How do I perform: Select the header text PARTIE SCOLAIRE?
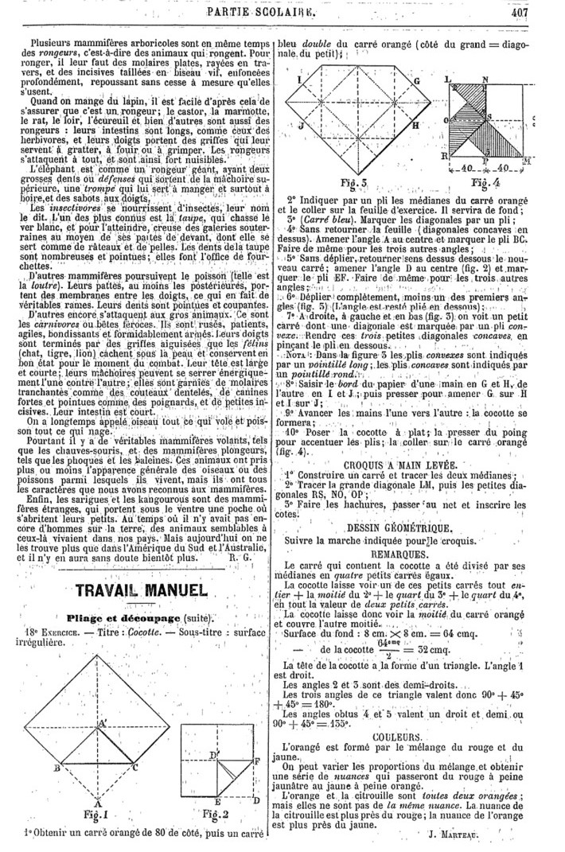pyautogui.click(x=271, y=10)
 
